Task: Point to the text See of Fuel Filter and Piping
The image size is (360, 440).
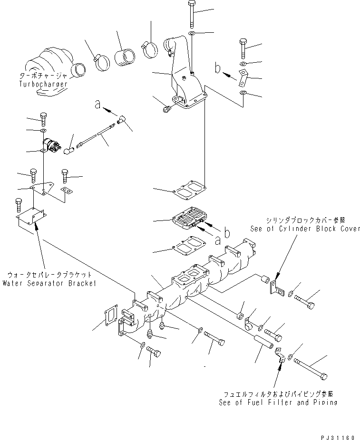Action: (278, 402)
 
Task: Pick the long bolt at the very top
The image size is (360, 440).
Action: (191, 15)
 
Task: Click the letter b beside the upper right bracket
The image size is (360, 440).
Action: (218, 69)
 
